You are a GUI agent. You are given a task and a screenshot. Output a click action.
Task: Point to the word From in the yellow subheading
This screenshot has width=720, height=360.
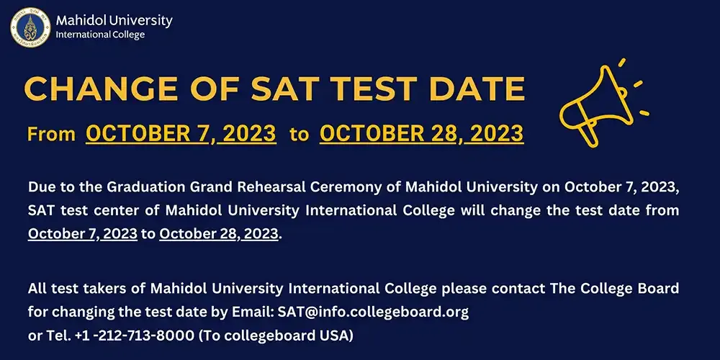(x=51, y=135)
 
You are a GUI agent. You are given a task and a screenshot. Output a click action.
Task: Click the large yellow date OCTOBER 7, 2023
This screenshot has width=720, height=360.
(x=181, y=134)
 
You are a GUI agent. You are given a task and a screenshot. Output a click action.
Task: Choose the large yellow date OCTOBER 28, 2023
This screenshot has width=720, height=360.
(x=421, y=134)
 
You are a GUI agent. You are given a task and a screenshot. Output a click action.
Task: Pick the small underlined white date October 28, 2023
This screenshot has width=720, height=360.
(x=219, y=234)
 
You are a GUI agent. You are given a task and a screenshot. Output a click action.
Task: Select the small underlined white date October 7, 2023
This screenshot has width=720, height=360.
(x=83, y=234)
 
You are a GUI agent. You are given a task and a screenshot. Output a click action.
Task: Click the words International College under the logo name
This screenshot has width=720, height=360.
(x=100, y=35)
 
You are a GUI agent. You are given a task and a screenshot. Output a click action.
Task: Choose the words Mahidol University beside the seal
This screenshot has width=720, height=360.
(x=114, y=20)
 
